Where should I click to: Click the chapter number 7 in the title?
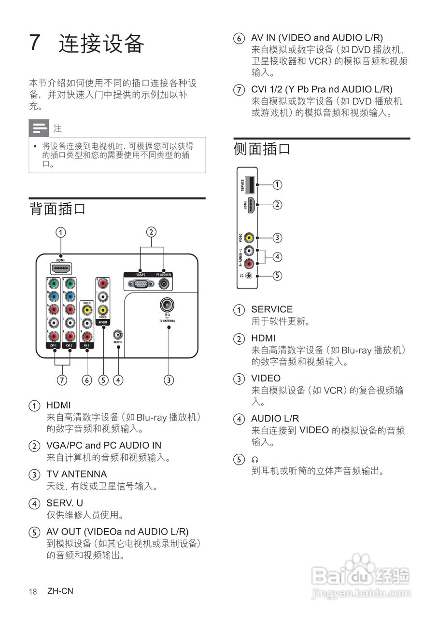pyautogui.click(x=35, y=43)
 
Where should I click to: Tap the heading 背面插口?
pyautogui.click(x=57, y=209)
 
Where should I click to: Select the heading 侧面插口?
pyautogui.click(x=262, y=149)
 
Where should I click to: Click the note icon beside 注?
pyautogui.click(x=39, y=128)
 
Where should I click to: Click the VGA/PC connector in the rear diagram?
pyautogui.click(x=141, y=284)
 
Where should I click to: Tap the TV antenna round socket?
pyautogui.click(x=167, y=305)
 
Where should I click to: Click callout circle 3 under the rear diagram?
pyautogui.click(x=169, y=380)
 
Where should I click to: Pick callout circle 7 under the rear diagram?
pyautogui.click(x=62, y=380)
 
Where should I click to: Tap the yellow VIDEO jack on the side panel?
pyautogui.click(x=249, y=238)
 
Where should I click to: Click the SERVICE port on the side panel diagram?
pyautogui.click(x=250, y=184)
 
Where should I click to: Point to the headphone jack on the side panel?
pyautogui.click(x=249, y=276)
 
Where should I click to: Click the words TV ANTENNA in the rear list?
pyautogui.click(x=76, y=474)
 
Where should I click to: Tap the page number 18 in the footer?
pyautogui.click(x=33, y=591)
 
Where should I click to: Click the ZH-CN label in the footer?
pyautogui.click(x=60, y=591)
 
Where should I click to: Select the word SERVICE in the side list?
pyautogui.click(x=271, y=309)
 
